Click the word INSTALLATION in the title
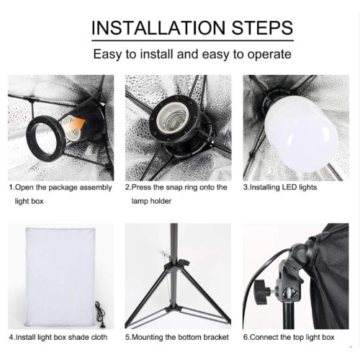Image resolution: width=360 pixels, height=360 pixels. click(158, 28)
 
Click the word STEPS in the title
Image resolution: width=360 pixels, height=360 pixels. click(262, 28)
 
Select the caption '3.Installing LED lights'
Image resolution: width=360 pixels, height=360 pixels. click(280, 187)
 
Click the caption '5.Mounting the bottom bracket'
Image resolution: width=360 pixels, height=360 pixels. click(177, 337)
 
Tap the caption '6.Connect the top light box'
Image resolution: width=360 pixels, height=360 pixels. click(289, 337)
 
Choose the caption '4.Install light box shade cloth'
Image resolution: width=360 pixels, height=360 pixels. click(58, 337)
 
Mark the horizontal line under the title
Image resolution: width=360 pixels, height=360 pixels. click(192, 40)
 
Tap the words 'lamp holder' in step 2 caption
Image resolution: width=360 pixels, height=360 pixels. click(151, 201)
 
